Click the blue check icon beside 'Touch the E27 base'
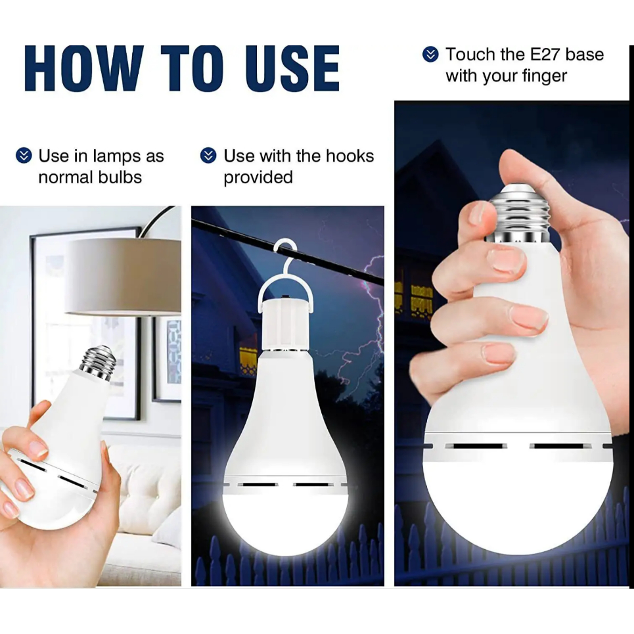430,54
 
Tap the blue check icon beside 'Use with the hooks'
208,155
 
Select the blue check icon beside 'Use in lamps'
24,155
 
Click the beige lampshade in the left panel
124,276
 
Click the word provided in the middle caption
258,177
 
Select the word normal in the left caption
64,177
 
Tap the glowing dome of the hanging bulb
285,520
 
